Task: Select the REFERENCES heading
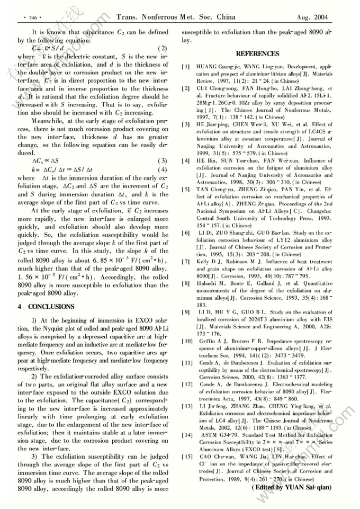[258, 54]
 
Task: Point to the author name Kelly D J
[211, 262]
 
